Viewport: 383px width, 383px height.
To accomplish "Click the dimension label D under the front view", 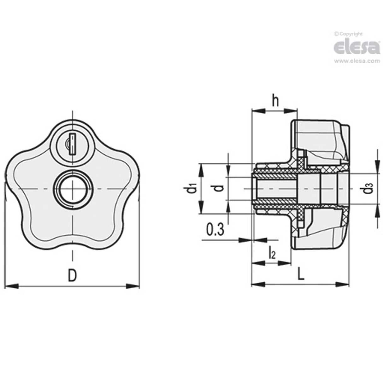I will pos(73,275).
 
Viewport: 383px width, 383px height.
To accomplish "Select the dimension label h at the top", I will pos(275,102).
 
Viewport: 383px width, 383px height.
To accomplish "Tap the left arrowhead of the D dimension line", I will pos(11,286).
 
